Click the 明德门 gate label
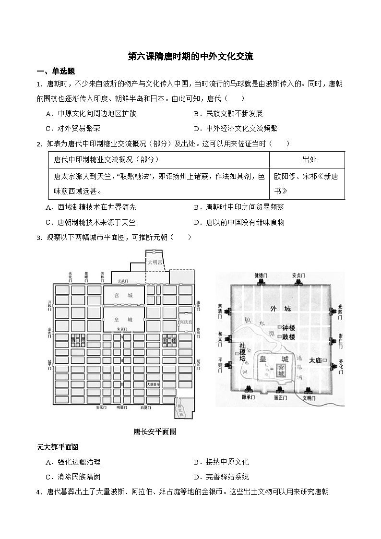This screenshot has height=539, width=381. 122,407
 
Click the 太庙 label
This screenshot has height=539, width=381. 315,360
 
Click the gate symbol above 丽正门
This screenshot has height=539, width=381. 277,390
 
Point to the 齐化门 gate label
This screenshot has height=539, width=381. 340,365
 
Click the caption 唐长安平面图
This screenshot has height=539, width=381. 155,431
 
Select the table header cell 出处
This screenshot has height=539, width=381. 309,160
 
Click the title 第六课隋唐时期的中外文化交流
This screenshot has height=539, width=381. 190,56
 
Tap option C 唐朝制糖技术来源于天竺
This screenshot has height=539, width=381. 91,222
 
